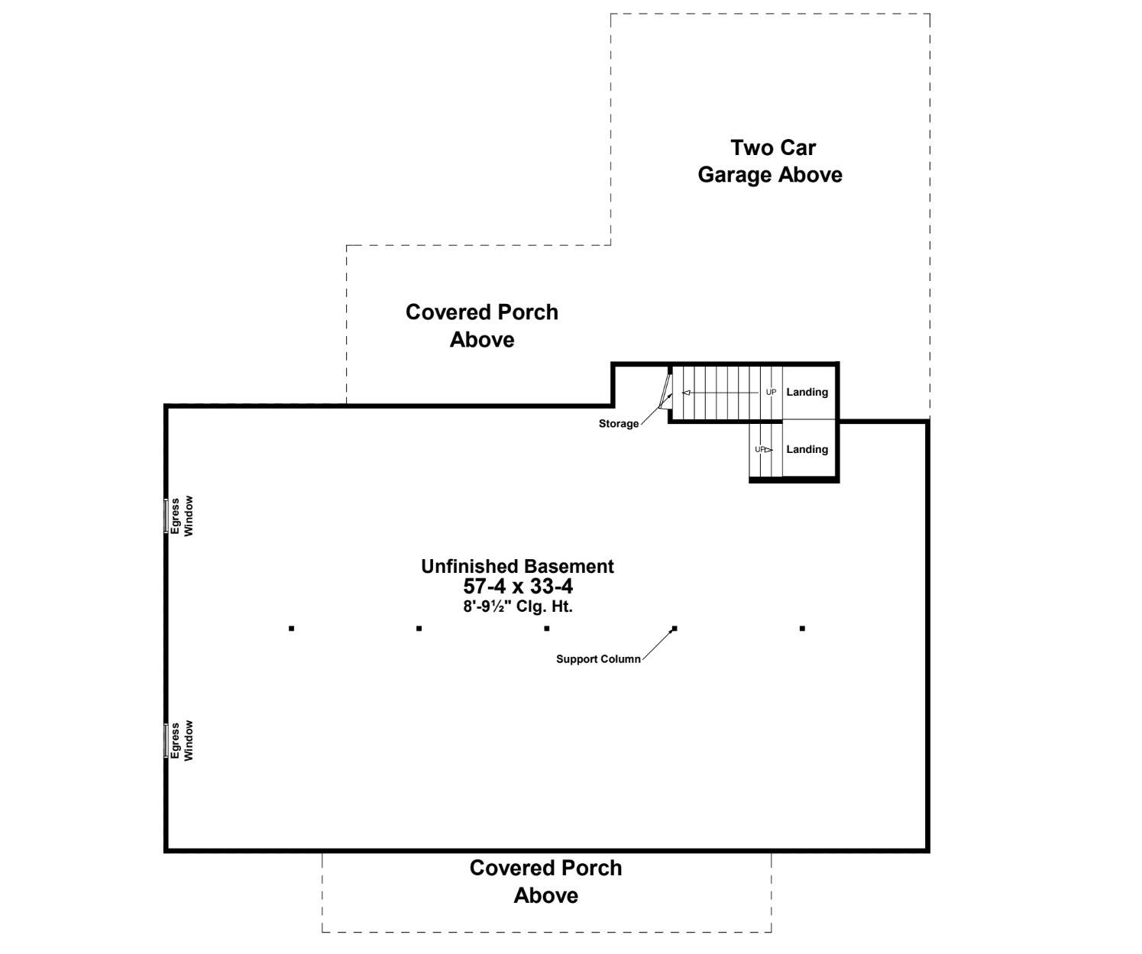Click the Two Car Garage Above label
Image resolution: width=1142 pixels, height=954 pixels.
pyautogui.click(x=770, y=161)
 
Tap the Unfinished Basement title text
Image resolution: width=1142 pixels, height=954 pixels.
pyautogui.click(x=517, y=567)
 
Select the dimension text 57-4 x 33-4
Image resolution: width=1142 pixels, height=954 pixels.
pyautogui.click(x=518, y=587)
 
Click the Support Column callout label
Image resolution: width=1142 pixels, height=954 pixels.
pyautogui.click(x=598, y=659)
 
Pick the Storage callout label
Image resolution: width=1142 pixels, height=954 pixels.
pyautogui.click(x=618, y=424)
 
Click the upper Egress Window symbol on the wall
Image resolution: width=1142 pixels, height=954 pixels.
pyautogui.click(x=166, y=516)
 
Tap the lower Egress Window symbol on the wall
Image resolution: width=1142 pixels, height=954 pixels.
pyautogui.click(x=166, y=740)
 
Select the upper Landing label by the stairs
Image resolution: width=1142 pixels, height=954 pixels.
pyautogui.click(x=807, y=392)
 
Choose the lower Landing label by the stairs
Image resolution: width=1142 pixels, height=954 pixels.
pyautogui.click(x=807, y=449)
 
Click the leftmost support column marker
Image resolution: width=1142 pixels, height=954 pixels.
pyautogui.click(x=292, y=629)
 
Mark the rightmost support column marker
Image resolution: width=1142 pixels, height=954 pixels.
pyautogui.click(x=802, y=629)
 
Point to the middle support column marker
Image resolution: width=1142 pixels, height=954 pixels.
pyautogui.click(x=547, y=629)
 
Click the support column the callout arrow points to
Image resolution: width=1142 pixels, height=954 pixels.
pyautogui.click(x=675, y=629)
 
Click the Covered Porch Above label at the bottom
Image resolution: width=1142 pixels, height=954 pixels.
pyautogui.click(x=545, y=881)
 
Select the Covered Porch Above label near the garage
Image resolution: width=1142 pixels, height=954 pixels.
pyautogui.click(x=481, y=325)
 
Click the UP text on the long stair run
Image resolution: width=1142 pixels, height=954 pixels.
pyautogui.click(x=771, y=393)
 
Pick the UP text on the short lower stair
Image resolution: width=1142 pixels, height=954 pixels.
pyautogui.click(x=759, y=450)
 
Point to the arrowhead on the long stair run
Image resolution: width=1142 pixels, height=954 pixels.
pyautogui.click(x=686, y=393)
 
